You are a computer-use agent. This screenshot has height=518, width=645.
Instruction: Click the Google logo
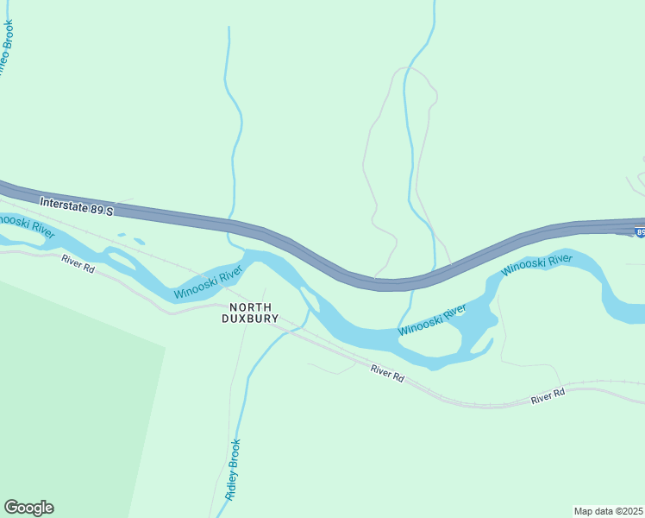[x=28, y=508]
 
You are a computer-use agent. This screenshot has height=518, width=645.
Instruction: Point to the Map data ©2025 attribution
[x=609, y=511]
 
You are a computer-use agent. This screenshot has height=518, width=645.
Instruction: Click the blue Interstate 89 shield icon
[x=640, y=232]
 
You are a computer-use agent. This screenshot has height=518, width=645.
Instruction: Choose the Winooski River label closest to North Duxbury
[x=208, y=283]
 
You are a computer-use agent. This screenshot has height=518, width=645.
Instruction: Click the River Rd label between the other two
[x=387, y=373]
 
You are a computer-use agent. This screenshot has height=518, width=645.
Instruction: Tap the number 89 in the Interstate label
[x=99, y=208]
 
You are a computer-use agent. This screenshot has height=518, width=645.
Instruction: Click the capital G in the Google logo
[x=11, y=508]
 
